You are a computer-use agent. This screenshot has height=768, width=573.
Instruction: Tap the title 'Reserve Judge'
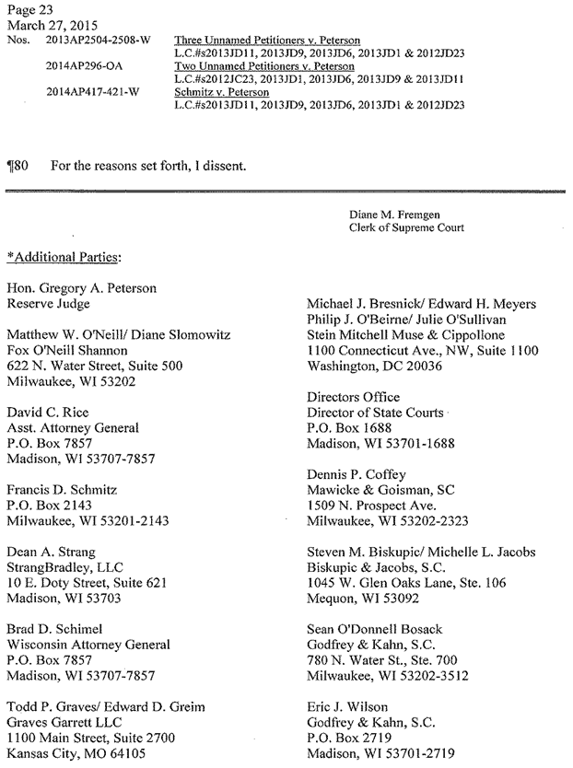coord(53,303)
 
